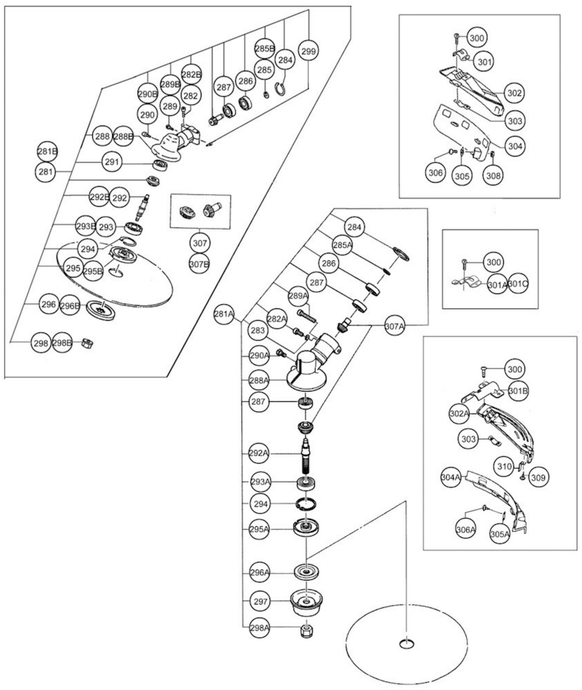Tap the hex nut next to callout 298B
click(87, 343)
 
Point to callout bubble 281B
click(47, 152)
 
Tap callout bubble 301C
click(518, 284)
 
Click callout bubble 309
click(539, 477)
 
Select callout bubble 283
click(258, 330)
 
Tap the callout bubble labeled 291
click(112, 162)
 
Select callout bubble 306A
click(466, 530)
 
